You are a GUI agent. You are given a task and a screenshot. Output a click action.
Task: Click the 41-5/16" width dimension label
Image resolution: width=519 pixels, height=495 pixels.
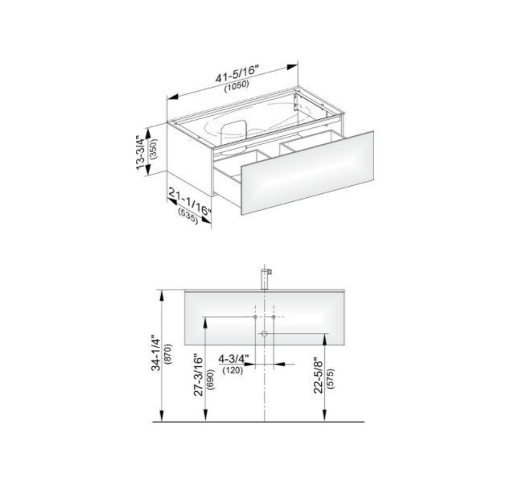(237, 73)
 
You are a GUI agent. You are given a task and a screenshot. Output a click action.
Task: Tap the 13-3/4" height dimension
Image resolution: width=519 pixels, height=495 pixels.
(141, 152)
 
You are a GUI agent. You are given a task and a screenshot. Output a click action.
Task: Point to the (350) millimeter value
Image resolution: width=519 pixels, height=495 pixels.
(154, 149)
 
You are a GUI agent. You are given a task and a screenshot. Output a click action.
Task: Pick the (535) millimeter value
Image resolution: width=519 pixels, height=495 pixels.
(188, 216)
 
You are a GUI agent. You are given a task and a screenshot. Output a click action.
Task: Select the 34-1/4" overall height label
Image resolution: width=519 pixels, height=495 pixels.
(156, 354)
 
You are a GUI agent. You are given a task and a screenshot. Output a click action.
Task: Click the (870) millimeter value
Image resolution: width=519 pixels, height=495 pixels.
(168, 354)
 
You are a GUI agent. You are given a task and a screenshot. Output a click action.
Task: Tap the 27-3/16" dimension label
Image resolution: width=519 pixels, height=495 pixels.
(198, 376)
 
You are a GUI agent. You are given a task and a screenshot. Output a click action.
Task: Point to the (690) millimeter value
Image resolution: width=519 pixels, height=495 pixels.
(211, 380)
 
